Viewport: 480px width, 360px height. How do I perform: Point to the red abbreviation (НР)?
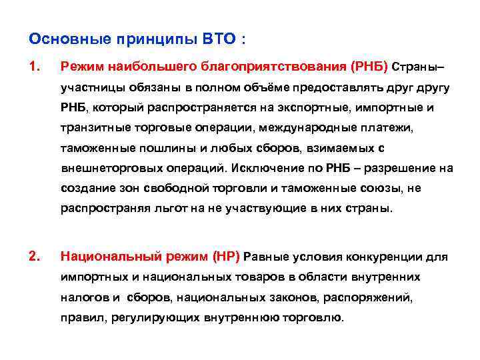coord(226,255)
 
